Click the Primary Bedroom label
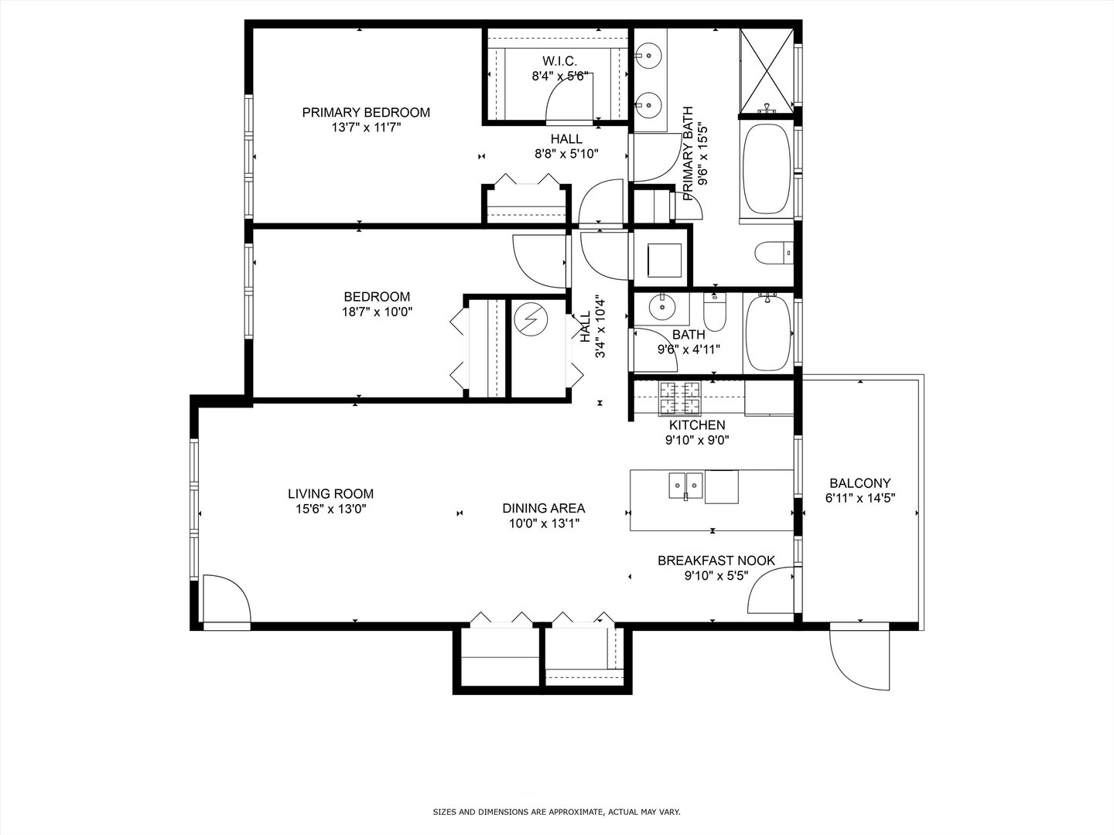tap(366, 113)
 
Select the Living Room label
tap(330, 494)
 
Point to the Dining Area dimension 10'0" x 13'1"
tap(543, 523)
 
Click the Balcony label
tap(859, 483)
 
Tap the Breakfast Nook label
tap(716, 561)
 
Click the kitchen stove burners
tap(679, 397)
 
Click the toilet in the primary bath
tap(774, 253)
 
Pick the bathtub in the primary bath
tap(767, 169)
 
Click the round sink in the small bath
tap(662, 307)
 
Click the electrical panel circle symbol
tap(531, 319)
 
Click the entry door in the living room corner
tap(227, 599)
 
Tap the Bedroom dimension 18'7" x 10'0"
tap(378, 312)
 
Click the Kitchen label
tap(697, 425)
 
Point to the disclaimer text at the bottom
tap(556, 812)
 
